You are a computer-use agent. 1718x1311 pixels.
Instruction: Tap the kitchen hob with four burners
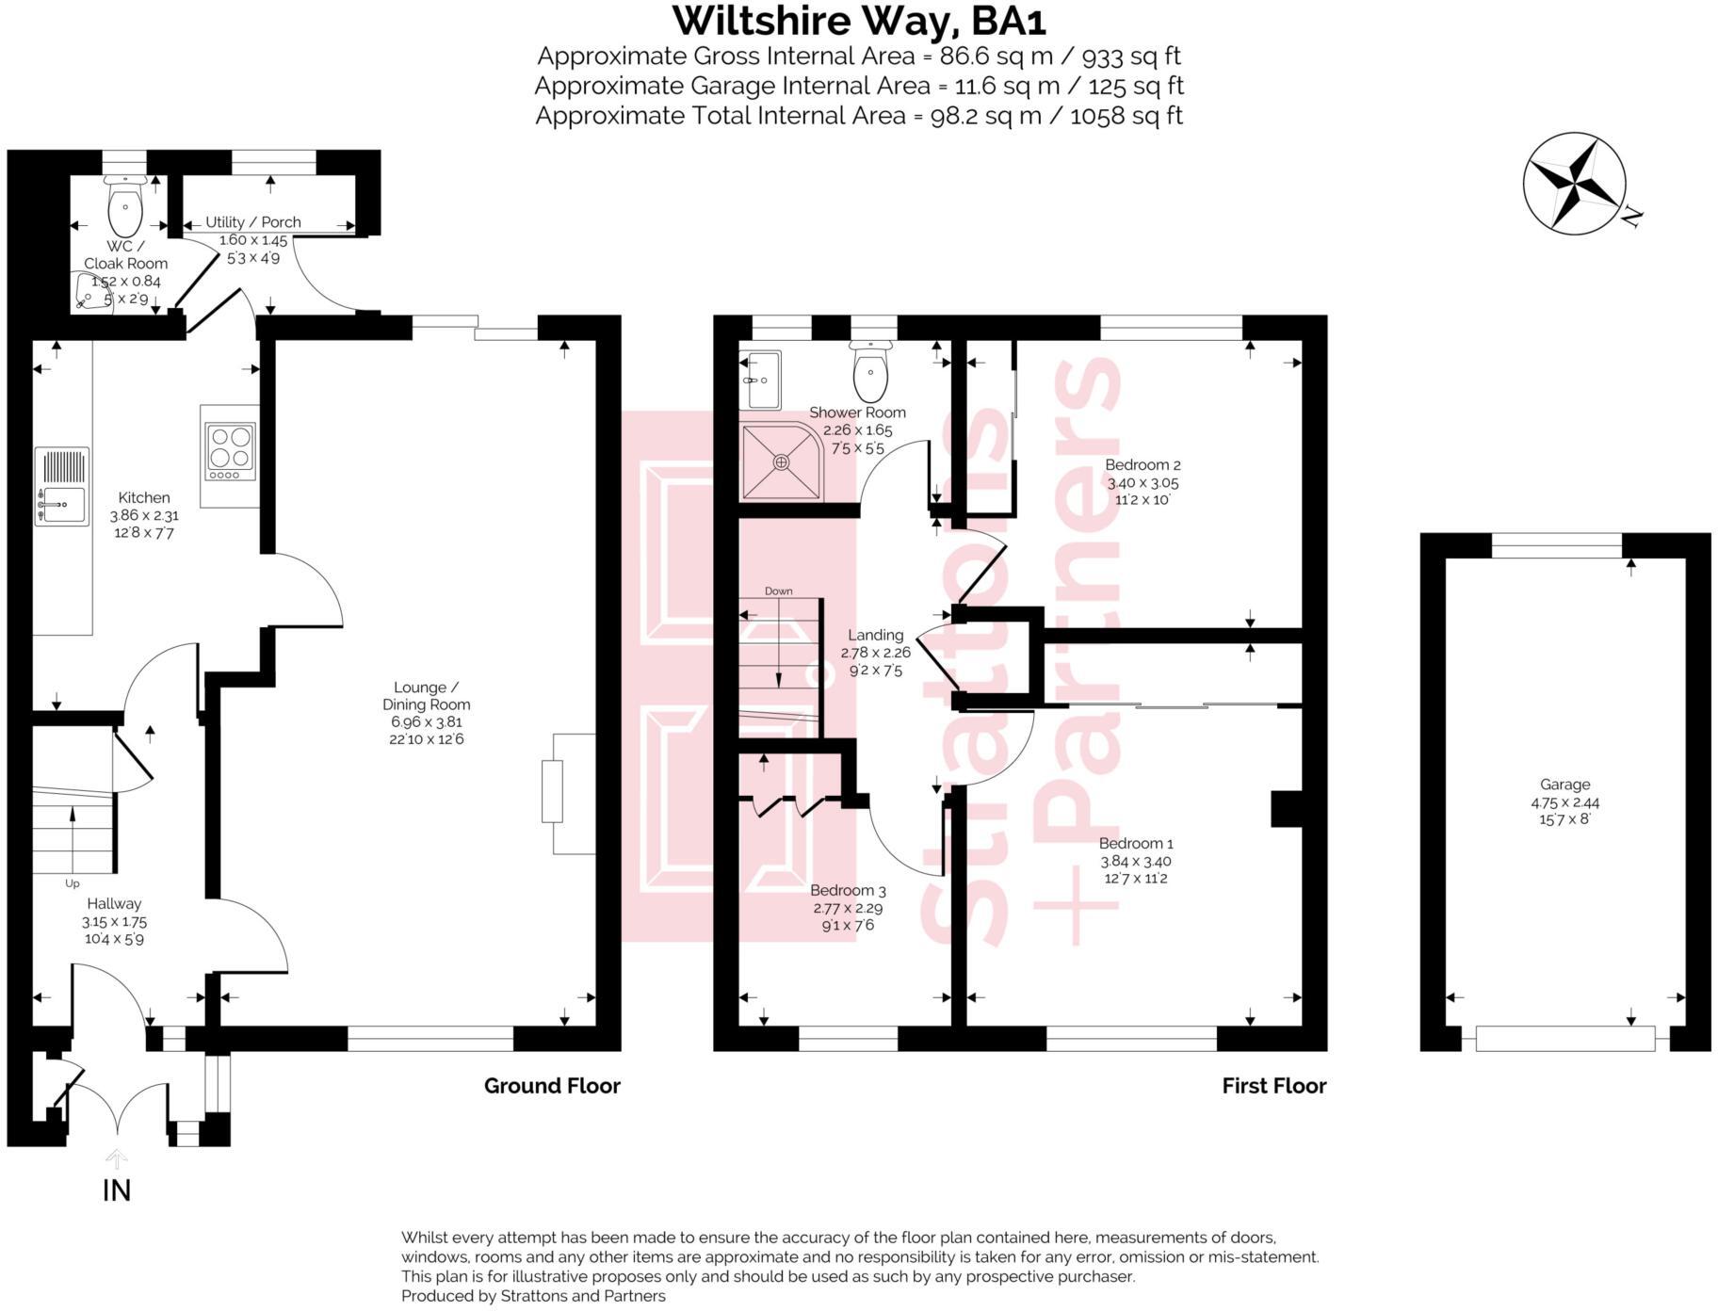(x=230, y=447)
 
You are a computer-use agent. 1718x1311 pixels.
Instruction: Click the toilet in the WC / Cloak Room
(x=124, y=207)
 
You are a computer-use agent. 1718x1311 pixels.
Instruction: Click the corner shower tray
(x=781, y=461)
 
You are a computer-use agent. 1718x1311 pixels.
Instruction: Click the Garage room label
(x=1564, y=785)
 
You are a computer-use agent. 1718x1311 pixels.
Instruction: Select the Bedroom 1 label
(x=1136, y=843)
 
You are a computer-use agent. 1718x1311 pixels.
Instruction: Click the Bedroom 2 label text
(x=1143, y=464)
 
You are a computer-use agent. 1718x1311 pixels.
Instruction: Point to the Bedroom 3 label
(x=848, y=890)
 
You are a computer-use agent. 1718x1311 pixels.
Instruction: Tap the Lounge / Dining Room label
(x=426, y=696)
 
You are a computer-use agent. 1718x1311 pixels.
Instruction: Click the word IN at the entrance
(x=116, y=1191)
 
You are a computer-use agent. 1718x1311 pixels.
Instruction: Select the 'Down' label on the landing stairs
(x=778, y=591)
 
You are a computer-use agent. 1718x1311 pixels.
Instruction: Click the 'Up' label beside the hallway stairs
(x=73, y=883)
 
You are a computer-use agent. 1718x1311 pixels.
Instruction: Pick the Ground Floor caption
(x=552, y=1086)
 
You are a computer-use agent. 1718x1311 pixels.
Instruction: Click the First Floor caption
(x=1273, y=1086)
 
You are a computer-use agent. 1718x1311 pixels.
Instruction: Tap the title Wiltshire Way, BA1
(x=858, y=21)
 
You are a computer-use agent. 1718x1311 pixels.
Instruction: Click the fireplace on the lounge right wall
(x=553, y=793)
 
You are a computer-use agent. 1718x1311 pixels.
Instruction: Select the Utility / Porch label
(x=253, y=222)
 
